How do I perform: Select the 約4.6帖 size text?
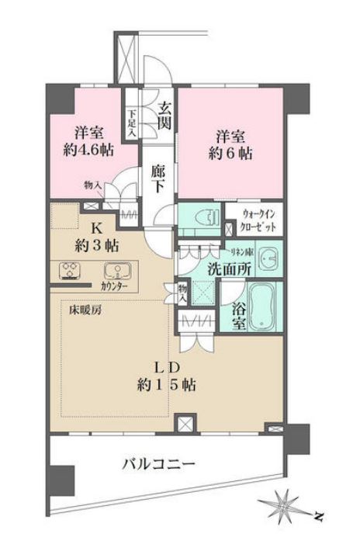pos(87,150)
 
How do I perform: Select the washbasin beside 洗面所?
pos(267,258)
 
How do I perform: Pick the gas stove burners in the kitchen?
pos(70,272)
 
